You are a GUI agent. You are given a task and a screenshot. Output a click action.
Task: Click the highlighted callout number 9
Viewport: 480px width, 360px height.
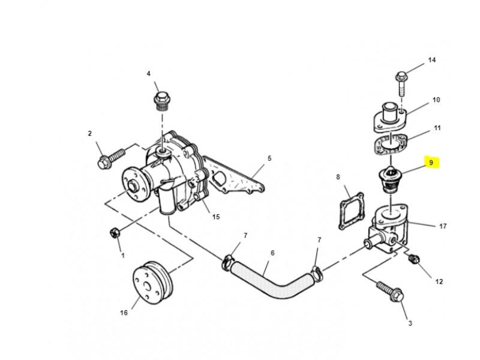(x=431, y=163)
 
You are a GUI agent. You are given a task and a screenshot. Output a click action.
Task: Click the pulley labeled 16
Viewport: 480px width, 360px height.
(x=153, y=282)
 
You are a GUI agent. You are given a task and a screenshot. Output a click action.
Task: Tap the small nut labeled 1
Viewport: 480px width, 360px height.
(x=115, y=233)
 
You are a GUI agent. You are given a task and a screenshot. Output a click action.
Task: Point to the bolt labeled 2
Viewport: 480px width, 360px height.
(x=111, y=158)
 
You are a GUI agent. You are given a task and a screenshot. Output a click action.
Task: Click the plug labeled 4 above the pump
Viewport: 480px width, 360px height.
(x=161, y=101)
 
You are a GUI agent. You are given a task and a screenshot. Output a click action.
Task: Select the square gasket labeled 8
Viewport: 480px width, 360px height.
(x=352, y=211)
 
